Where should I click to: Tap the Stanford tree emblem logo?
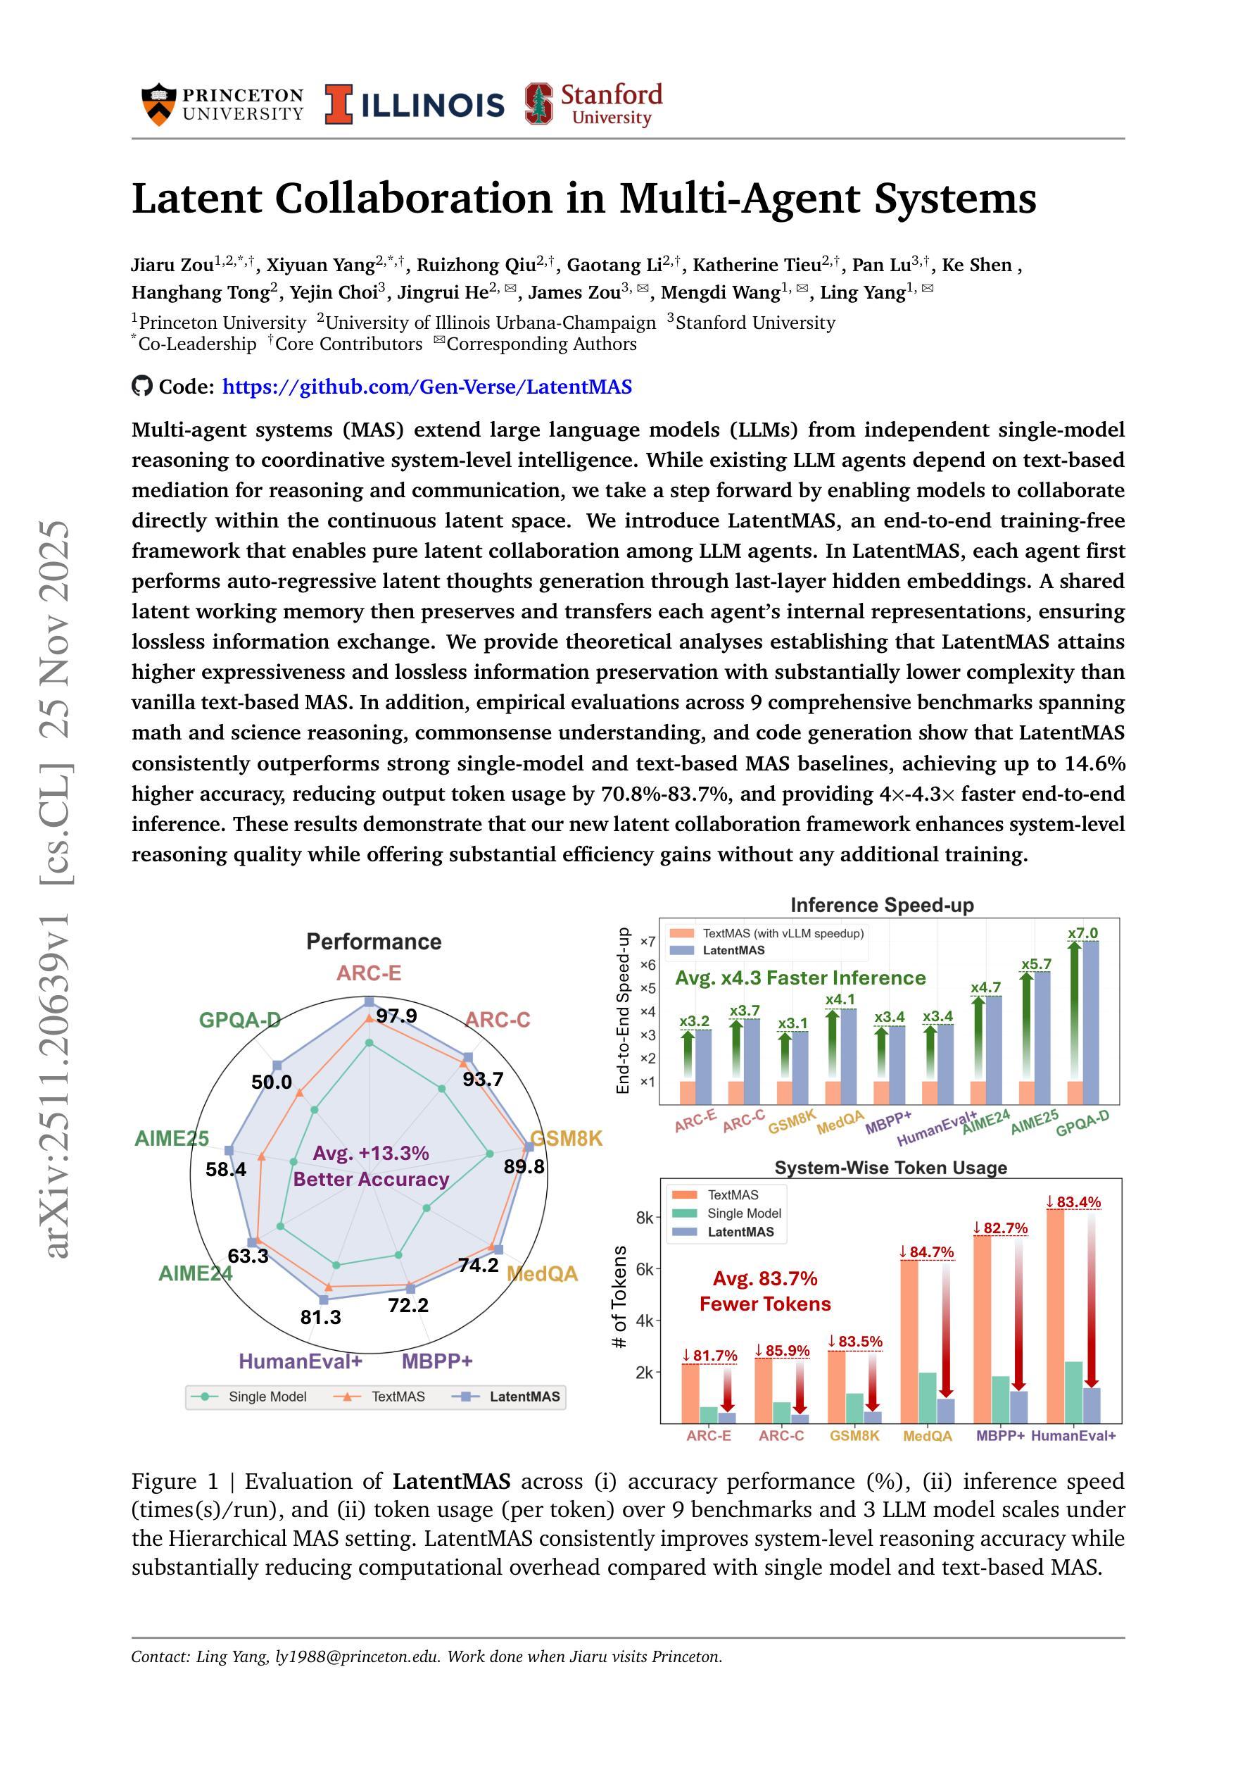pos(539,104)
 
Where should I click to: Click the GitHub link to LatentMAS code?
pos(427,387)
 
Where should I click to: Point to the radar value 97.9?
pos(396,1016)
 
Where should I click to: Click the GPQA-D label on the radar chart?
pos(239,1020)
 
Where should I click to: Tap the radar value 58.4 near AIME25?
pos(225,1169)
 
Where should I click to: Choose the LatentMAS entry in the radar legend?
pos(524,1397)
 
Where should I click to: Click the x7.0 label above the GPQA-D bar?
pos(1082,934)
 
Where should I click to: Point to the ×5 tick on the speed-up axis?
pos(648,988)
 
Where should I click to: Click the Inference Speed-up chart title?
pos(881,905)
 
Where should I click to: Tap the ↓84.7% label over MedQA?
pos(926,1252)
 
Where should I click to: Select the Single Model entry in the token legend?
pos(743,1213)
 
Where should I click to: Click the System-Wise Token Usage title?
pos(890,1168)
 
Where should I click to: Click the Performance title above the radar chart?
pos(374,942)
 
